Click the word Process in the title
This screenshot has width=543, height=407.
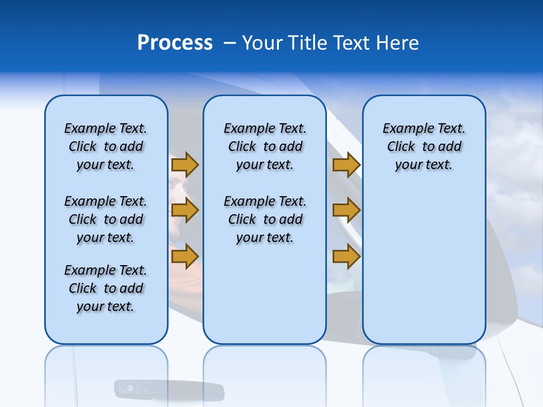point(175,43)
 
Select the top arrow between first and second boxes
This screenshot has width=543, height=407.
point(185,165)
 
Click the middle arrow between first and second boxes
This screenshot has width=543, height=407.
point(185,211)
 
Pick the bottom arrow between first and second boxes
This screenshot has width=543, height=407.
point(185,257)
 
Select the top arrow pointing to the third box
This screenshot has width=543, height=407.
point(346,165)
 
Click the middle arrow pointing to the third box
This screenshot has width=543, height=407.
point(346,211)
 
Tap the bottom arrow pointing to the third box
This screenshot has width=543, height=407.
point(346,257)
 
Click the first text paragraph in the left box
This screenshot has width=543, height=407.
point(106,146)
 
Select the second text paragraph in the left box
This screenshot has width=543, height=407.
point(106,219)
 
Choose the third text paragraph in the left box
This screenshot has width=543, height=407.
point(106,288)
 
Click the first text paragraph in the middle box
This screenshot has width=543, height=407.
point(265,146)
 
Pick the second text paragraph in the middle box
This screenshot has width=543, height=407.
point(265,219)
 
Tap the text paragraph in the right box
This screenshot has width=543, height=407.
point(424,146)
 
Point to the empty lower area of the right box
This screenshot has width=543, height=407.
point(424,266)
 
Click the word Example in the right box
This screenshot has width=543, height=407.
point(403,129)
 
